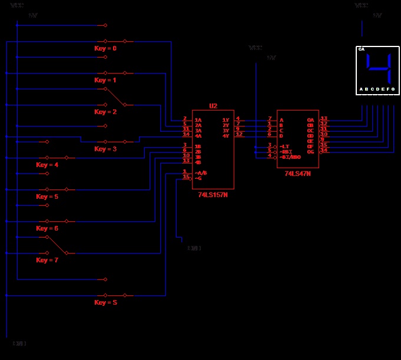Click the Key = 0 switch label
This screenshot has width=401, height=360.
pyautogui.click(x=105, y=48)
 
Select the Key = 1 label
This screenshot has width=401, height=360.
pyautogui.click(x=105, y=80)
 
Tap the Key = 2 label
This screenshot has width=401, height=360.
pyautogui.click(x=105, y=112)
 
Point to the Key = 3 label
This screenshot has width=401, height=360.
pyautogui.click(x=105, y=149)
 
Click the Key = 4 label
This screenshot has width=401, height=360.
pyautogui.click(x=47, y=165)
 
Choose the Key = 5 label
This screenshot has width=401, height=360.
pyautogui.click(x=47, y=196)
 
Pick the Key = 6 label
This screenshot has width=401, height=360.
pyautogui.click(x=47, y=228)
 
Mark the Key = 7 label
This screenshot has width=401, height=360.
pyautogui.click(x=47, y=260)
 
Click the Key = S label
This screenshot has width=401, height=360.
pyautogui.click(x=105, y=302)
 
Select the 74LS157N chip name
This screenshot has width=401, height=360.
pyautogui.click(x=213, y=195)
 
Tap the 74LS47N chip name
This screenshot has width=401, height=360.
pyautogui.click(x=297, y=174)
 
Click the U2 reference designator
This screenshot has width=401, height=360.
pyautogui.click(x=213, y=106)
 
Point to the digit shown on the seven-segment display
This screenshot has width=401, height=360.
pyautogui.click(x=378, y=68)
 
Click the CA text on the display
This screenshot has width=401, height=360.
pyautogui.click(x=362, y=49)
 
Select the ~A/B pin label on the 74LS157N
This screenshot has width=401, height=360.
pyautogui.click(x=201, y=172)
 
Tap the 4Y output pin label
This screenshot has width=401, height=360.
pyautogui.click(x=226, y=136)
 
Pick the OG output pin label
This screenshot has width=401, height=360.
pyautogui.click(x=311, y=152)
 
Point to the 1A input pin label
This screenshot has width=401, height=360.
pyautogui.click(x=198, y=120)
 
